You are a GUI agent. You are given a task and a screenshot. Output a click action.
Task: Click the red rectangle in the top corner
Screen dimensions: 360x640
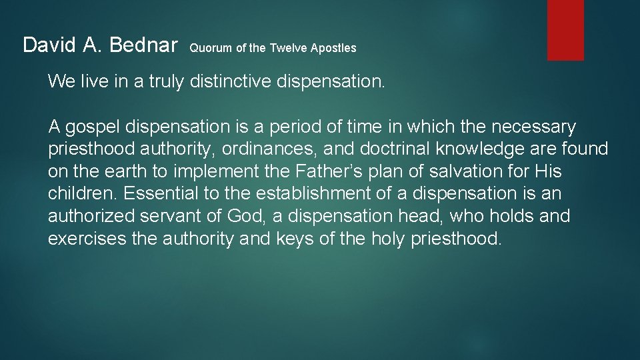565,30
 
